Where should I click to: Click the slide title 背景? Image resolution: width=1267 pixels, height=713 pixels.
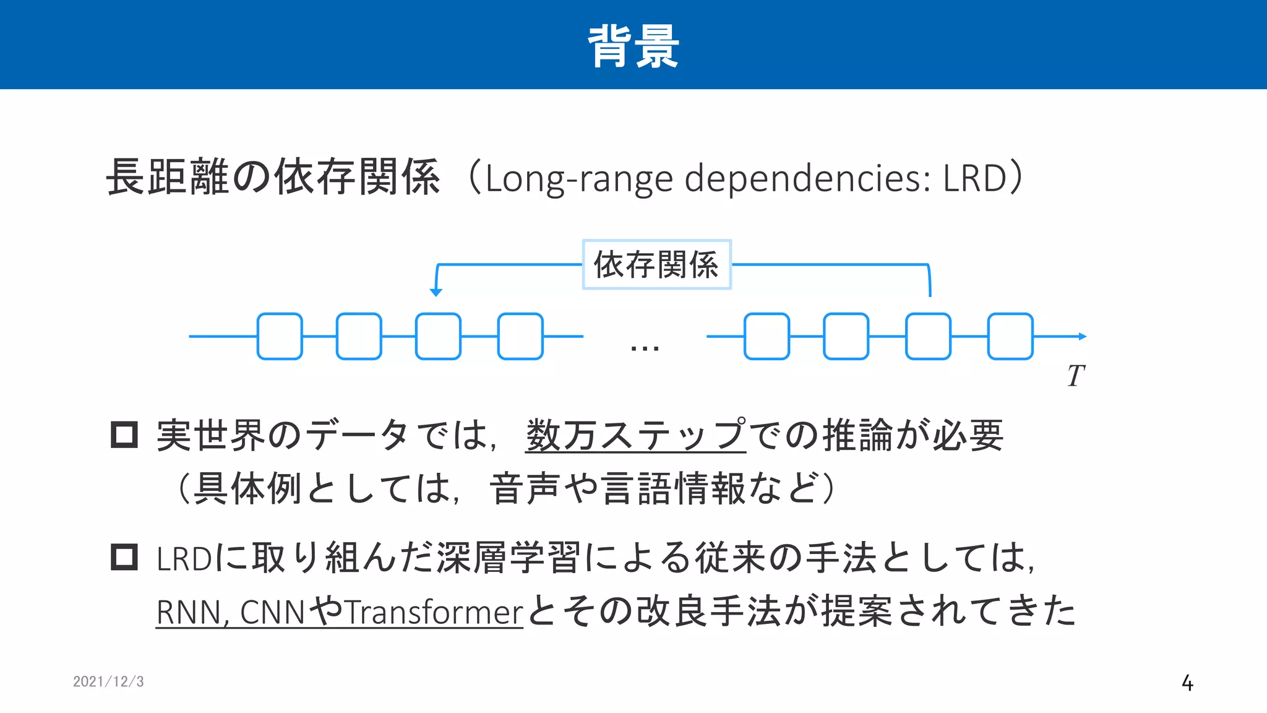coord(633,46)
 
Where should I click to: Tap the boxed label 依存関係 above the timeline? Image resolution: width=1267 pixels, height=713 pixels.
coord(656,265)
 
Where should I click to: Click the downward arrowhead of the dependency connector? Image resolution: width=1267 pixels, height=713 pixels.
coord(436,292)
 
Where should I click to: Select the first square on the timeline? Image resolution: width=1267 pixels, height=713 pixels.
coord(280,337)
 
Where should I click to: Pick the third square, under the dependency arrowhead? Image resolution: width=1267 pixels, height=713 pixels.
coord(438,337)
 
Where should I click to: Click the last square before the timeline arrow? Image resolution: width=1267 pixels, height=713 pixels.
coord(1010,337)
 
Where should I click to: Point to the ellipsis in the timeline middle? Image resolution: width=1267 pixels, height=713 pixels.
coord(644,348)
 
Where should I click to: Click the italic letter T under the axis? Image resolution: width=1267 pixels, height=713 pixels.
coord(1076,376)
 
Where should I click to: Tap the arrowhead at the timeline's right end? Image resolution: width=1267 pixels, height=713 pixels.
coord(1082,337)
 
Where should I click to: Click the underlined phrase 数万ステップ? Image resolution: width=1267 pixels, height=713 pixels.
coord(635,435)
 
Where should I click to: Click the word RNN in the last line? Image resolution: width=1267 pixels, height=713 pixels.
coord(189,612)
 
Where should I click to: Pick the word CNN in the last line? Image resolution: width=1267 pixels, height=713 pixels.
coord(272,612)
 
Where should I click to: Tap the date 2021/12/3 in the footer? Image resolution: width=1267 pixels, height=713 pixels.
coord(108,681)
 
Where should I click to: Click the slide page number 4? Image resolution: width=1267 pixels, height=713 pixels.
coord(1187,683)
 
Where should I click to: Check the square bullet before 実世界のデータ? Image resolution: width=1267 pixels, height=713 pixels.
coord(124,434)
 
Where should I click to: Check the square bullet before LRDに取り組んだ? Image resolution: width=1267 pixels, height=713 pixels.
coord(124,557)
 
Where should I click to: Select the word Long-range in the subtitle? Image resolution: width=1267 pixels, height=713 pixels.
coord(578,179)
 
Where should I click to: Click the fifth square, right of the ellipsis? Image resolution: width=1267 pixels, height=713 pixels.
coord(767,337)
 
